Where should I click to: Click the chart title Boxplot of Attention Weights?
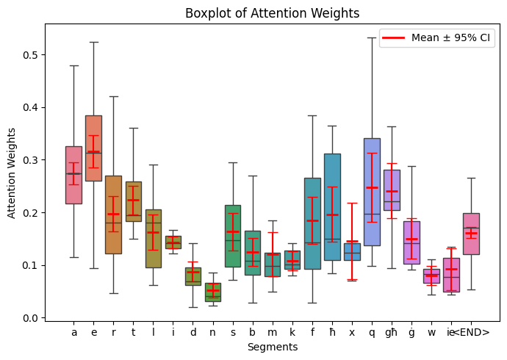272,13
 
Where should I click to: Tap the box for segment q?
372,192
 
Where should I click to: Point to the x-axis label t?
133,333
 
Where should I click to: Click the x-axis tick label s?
232,333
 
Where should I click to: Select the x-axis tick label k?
292,333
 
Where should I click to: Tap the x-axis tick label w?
431,333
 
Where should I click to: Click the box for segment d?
193,276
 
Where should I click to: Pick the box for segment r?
113,215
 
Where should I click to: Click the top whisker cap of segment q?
372,37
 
